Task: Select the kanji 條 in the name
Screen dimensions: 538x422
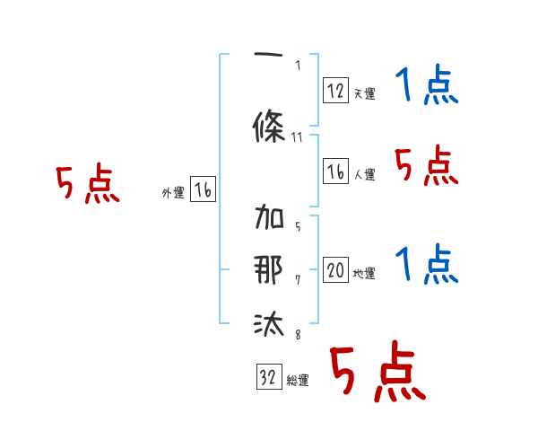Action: [x=269, y=126]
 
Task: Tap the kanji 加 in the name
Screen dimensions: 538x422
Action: [x=269, y=220]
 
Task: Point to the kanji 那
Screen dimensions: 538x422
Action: [x=269, y=269]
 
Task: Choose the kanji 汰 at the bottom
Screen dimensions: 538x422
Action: [x=269, y=322]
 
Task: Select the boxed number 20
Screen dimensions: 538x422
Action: [x=335, y=269]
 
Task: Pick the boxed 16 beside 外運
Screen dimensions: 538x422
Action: [x=203, y=189]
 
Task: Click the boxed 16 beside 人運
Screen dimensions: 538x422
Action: [x=335, y=171]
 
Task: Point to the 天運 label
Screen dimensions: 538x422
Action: [x=364, y=93]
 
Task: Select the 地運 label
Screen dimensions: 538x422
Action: [x=364, y=274]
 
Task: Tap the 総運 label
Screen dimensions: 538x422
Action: [x=297, y=381]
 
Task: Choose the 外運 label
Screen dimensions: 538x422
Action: [x=172, y=193]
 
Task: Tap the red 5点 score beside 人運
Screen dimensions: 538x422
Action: [x=426, y=165]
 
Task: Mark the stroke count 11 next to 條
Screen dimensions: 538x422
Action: [x=299, y=137]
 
